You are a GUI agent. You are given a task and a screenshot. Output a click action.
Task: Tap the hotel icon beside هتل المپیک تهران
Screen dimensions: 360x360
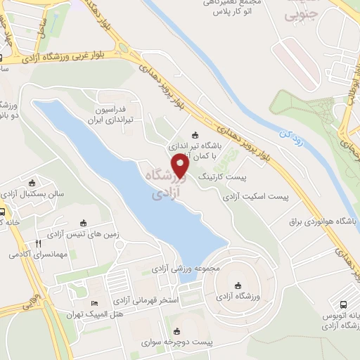(x=95, y=304)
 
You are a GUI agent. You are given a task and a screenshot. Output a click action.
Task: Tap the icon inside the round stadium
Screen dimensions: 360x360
(x=239, y=285)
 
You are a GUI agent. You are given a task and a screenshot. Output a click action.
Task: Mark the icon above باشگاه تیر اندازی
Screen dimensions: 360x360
(x=194, y=136)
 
